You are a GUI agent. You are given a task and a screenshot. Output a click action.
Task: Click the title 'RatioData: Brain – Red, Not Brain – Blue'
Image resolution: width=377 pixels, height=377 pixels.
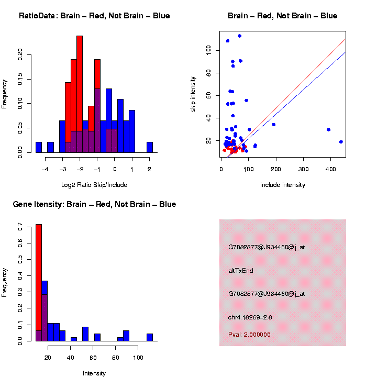click(x=94, y=16)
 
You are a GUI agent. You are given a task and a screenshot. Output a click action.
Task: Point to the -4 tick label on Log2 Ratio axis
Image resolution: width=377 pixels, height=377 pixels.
click(x=45, y=169)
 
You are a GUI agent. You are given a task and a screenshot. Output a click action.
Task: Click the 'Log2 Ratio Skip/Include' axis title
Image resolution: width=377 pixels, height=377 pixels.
click(x=94, y=185)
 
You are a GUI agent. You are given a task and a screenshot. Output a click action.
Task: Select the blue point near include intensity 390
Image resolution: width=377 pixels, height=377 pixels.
click(x=328, y=130)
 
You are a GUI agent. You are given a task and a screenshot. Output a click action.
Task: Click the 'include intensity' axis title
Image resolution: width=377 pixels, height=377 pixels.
click(x=283, y=185)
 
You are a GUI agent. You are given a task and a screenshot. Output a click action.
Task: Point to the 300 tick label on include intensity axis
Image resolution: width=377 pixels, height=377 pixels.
click(x=304, y=169)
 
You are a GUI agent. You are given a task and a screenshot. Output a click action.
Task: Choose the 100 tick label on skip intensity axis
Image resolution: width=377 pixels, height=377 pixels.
click(x=208, y=49)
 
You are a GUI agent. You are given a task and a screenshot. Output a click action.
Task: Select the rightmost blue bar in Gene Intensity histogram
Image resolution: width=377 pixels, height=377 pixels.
click(x=150, y=337)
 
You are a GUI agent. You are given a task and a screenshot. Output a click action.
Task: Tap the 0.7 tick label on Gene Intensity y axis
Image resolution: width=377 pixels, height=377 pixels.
click(x=20, y=228)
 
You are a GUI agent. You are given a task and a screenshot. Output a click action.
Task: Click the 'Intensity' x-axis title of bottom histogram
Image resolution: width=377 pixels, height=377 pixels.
click(x=94, y=373)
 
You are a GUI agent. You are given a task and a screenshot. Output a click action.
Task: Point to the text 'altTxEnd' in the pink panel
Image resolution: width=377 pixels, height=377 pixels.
click(x=241, y=271)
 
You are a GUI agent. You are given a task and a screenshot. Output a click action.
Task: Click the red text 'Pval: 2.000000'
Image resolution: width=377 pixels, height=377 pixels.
click(x=249, y=335)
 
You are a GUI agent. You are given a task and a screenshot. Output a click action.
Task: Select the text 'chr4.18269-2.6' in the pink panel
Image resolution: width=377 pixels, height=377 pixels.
click(x=250, y=317)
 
